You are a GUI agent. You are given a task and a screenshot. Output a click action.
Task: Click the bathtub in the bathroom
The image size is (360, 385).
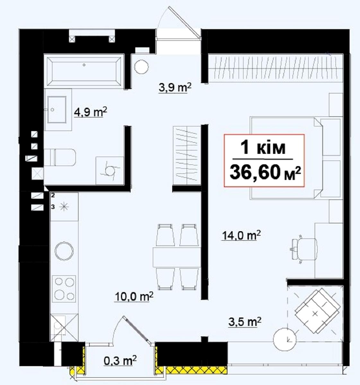click(x=84, y=71)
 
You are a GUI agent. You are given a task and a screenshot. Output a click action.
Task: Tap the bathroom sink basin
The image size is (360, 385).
click(x=57, y=109)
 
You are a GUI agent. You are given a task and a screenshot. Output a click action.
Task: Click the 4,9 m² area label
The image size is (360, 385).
click(x=91, y=112)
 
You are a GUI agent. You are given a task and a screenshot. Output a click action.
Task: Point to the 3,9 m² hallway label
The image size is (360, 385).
click(x=175, y=88)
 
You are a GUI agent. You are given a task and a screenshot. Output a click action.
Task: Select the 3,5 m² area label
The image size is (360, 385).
click(x=245, y=322)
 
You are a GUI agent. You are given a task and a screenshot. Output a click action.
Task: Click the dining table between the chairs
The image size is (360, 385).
click(x=176, y=257)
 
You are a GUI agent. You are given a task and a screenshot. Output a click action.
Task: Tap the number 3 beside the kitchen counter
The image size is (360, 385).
click(x=53, y=207)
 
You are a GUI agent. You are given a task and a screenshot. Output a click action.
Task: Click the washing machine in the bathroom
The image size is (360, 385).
click(x=110, y=171)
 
